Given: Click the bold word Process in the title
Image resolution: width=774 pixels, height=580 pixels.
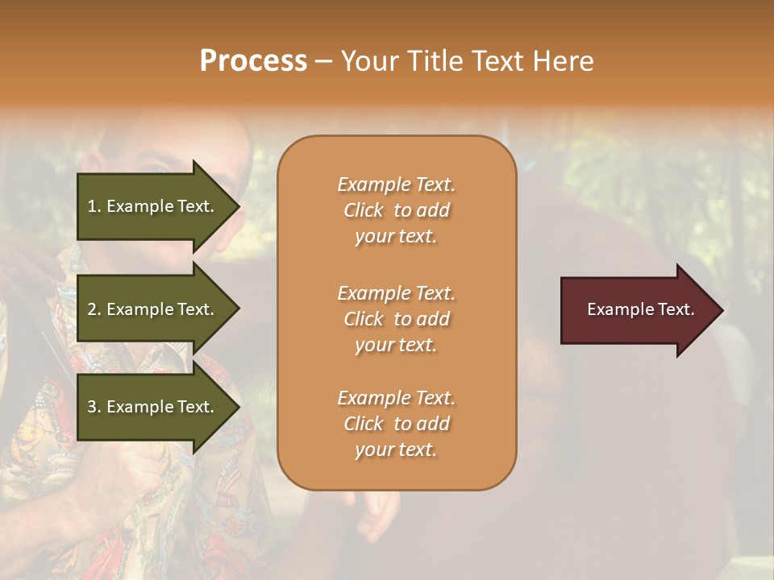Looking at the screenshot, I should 253,61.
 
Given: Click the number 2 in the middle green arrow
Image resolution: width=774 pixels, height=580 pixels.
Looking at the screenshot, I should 92,309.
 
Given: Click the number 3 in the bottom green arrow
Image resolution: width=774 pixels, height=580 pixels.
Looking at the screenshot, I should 92,407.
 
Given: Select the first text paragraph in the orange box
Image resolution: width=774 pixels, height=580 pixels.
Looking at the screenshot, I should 396,210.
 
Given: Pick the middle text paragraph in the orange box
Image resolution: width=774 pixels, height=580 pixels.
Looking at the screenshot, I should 396,318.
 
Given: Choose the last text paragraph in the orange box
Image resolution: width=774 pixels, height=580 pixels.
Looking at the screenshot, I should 396,424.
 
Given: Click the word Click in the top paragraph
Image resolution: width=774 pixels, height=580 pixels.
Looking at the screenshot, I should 364,210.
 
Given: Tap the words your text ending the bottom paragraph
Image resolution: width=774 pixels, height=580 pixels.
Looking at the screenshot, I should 396,450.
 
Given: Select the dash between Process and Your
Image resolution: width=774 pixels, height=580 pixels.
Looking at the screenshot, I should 323,61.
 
